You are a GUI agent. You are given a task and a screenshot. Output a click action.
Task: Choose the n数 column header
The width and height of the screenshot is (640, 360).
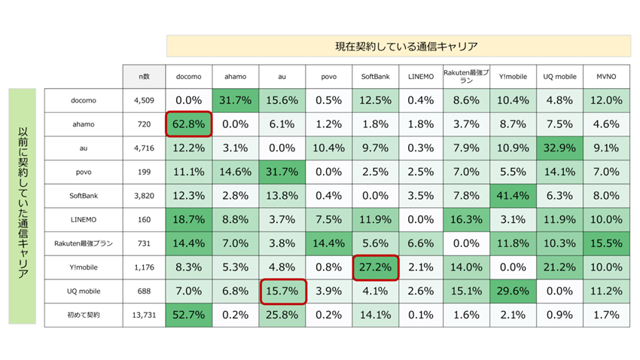click(x=143, y=77)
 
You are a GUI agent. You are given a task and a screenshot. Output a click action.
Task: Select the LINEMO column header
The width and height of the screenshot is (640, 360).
click(x=421, y=77)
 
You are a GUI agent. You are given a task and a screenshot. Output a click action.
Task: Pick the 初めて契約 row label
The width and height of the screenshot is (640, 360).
click(x=84, y=315)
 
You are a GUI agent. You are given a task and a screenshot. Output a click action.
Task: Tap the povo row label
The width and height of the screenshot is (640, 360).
click(x=84, y=172)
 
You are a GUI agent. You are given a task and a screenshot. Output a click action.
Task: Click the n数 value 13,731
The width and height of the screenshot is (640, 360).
click(x=143, y=315)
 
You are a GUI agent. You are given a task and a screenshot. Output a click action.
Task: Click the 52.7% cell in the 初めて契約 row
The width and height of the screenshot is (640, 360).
click(x=189, y=315)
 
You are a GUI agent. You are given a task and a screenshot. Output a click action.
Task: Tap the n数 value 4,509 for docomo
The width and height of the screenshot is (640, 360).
click(x=143, y=100)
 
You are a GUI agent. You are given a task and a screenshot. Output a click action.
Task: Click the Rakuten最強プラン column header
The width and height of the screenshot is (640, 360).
click(x=467, y=77)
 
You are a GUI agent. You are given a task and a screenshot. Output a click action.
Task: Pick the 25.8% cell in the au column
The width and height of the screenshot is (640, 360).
click(x=282, y=315)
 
